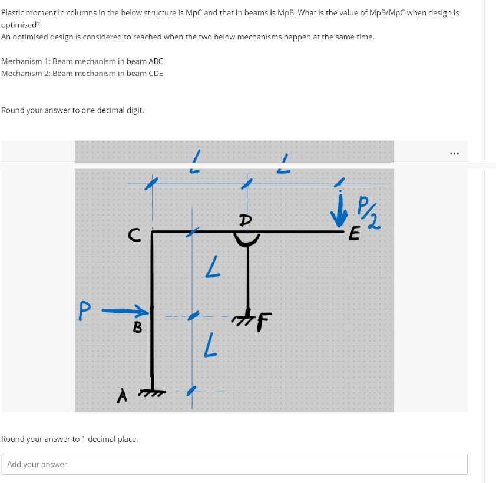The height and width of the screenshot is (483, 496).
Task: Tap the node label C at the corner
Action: coord(134,236)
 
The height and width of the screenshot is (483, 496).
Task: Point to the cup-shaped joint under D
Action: coord(247,239)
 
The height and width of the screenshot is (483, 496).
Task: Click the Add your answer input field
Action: coord(234,464)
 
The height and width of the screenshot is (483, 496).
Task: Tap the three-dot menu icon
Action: coord(453,154)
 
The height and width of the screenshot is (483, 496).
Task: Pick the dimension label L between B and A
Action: coord(208,345)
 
